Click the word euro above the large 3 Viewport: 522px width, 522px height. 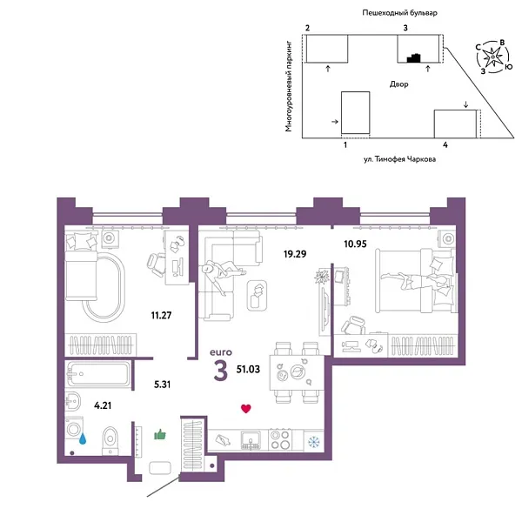pyautogui.click(x=222, y=352)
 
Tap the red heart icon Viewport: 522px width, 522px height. pyautogui.click(x=246, y=407)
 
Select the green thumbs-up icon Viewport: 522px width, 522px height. pyautogui.click(x=160, y=433)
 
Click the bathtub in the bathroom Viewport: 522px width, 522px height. pyautogui.click(x=97, y=377)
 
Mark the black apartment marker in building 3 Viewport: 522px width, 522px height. pyautogui.click(x=416, y=58)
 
